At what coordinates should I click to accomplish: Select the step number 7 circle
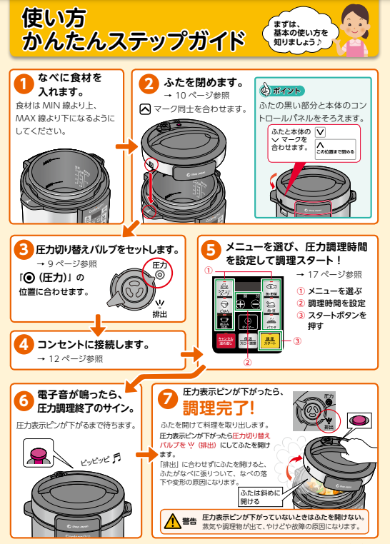(x=167, y=398)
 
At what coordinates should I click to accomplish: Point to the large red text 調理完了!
(x=218, y=408)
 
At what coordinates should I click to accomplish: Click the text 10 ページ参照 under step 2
(x=191, y=95)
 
